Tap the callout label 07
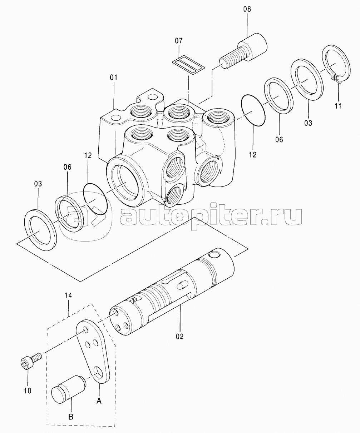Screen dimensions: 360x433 coord(178,41)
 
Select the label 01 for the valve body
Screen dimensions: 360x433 coord(113,78)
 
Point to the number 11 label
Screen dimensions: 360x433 coord(338,106)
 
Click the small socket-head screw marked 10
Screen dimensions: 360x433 coord(31,360)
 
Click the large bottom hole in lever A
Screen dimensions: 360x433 coord(99,371)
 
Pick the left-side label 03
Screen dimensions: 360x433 coord(38,184)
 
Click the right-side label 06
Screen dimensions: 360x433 coord(279,140)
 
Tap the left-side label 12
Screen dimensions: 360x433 coord(88,155)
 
